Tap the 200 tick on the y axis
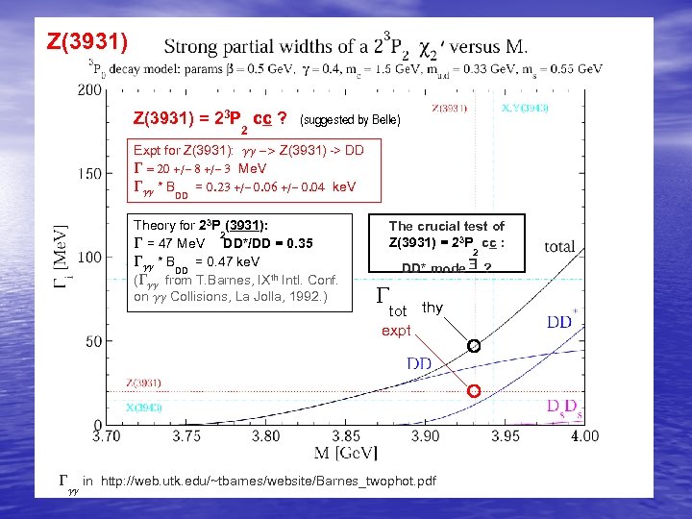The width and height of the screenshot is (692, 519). pos(89,89)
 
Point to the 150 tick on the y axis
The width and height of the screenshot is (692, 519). pos(89,174)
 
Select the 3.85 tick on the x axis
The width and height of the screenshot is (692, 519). pos(346,436)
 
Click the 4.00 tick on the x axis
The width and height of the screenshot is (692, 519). pos(583,436)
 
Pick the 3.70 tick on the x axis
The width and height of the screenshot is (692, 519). pos(108,436)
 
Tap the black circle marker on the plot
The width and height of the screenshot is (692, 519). pos(473,346)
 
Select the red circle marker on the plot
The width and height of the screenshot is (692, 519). pos(473,391)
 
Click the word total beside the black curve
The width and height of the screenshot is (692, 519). pos(559,247)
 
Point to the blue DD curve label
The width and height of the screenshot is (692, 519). pos(419,363)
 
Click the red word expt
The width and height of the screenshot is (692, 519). pos(396,331)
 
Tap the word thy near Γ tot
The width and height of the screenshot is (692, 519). pos(432,308)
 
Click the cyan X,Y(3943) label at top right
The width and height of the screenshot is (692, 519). pos(525,109)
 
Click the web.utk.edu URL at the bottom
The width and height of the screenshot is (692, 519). pos(268,480)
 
